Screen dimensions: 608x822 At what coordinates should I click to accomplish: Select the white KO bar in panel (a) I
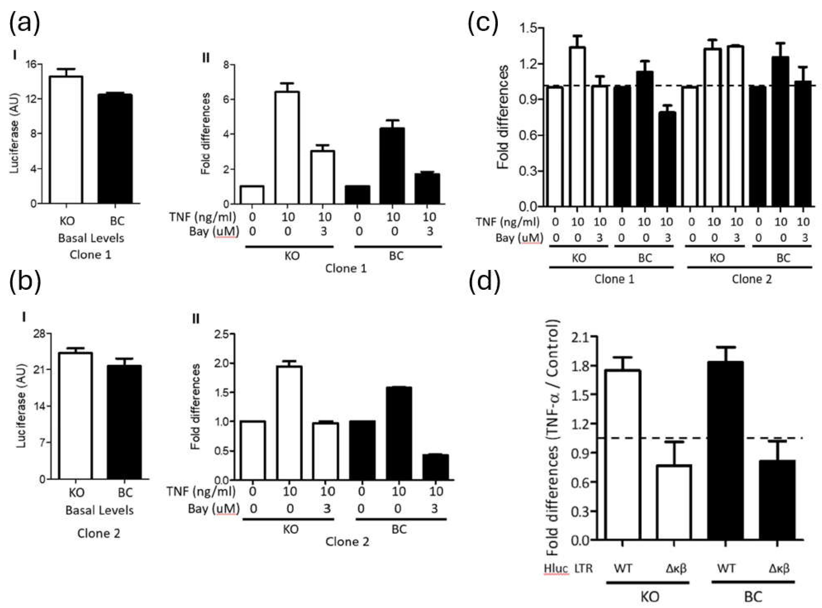67,140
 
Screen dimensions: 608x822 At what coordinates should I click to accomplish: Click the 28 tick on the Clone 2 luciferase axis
39,334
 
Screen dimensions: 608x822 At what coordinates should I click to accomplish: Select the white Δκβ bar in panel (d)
674,502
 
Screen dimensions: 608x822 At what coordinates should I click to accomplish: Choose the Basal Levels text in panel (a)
91,238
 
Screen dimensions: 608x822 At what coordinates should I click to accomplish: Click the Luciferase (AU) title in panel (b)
22,406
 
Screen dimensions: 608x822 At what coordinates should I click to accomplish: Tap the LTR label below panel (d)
584,568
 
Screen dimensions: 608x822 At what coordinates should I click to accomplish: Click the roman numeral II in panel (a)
206,58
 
